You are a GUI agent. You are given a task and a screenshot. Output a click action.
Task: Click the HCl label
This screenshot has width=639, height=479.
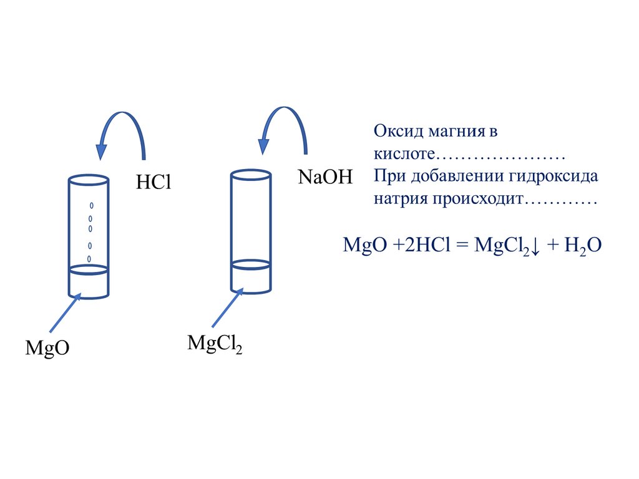(153, 183)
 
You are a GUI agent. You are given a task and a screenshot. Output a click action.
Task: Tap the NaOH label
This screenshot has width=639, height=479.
(325, 177)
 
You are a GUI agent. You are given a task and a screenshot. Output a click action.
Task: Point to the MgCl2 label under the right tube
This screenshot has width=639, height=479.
(214, 344)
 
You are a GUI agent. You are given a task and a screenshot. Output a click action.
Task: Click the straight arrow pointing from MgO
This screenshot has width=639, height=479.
(64, 314)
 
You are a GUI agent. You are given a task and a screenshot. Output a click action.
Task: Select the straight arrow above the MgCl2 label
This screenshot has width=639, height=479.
(227, 308)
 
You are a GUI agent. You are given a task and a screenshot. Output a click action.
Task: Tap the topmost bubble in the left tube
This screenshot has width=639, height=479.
(91, 205)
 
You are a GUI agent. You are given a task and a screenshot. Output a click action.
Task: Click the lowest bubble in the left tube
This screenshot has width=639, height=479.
(89, 258)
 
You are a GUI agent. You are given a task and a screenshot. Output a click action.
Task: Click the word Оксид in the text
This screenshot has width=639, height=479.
(399, 132)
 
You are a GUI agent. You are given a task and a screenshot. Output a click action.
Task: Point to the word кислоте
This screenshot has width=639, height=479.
(403, 153)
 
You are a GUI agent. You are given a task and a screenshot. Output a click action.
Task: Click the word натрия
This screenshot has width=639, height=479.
(401, 200)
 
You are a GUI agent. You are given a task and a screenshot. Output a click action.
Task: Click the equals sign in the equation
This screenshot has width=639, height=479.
(463, 244)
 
